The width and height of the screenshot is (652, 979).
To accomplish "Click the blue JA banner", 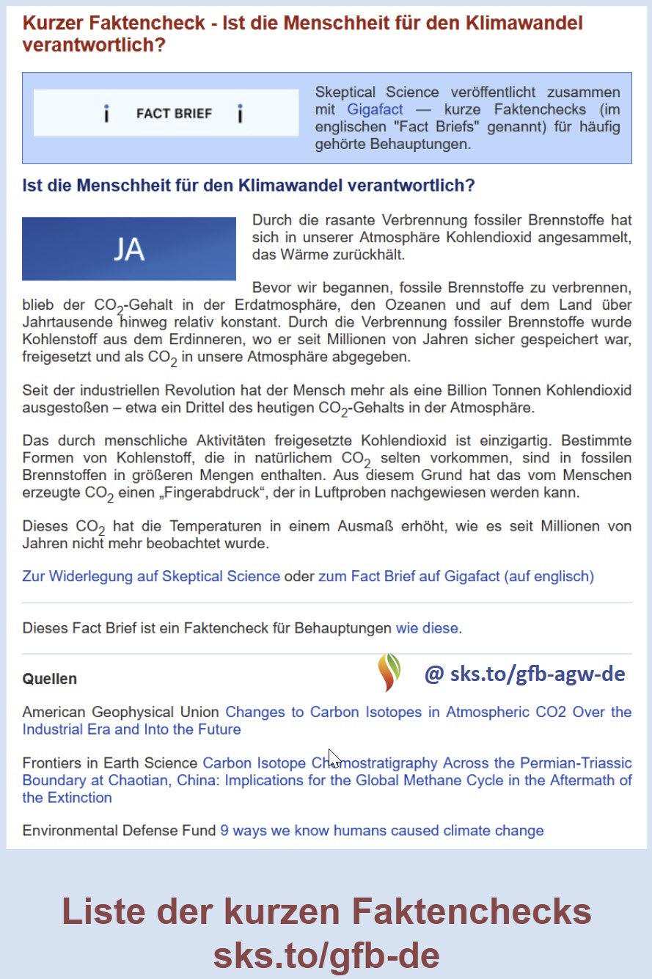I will coord(129,249).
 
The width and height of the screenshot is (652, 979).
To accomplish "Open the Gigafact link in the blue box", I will coord(375,110).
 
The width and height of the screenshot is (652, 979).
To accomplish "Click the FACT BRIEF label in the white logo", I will coord(174,114).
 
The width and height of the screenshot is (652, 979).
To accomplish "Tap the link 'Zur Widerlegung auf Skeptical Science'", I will coord(151,576).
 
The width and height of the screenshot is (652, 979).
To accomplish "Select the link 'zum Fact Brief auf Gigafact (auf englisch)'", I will coord(455,576).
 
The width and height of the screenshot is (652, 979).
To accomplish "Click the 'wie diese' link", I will coord(427,628).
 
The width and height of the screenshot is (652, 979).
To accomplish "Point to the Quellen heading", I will coord(49,679).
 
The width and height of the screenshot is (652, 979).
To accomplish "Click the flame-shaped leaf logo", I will coord(389,672).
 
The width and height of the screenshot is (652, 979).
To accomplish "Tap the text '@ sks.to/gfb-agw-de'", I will coord(524,674).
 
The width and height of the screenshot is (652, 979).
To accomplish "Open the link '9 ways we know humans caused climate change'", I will coord(382,831).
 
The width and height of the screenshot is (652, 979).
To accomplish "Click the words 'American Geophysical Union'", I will coord(120,712).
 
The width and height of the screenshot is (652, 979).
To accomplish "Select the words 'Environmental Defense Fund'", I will coord(120,831).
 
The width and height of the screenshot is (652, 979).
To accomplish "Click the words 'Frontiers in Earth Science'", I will coord(110,763).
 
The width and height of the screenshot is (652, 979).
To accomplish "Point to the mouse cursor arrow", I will coord(333,758).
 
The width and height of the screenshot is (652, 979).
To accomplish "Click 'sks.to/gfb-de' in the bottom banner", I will coord(326,956).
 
